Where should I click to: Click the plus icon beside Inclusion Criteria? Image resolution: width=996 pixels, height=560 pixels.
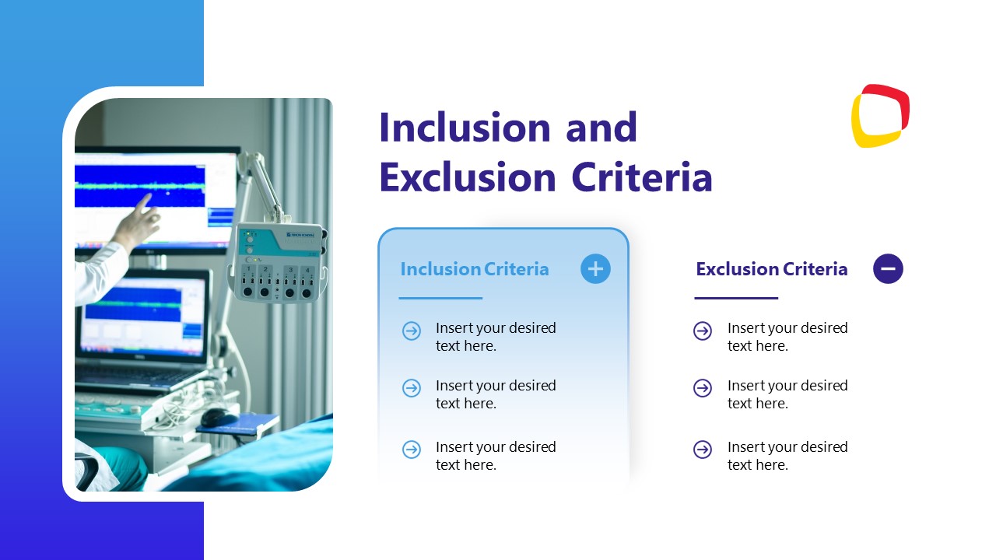595,269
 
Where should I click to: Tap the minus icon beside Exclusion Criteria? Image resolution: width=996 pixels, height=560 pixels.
888,269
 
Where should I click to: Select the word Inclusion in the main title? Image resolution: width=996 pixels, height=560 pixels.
465,128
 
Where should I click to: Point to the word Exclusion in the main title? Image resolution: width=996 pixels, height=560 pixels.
468,177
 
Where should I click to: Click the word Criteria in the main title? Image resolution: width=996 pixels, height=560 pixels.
642,177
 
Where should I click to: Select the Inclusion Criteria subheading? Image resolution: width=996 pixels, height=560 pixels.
475,269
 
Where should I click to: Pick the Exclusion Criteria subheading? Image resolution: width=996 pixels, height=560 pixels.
771,269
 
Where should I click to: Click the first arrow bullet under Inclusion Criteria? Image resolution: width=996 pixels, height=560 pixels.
412,331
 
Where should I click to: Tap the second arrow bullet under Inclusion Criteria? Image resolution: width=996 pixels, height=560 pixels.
412,388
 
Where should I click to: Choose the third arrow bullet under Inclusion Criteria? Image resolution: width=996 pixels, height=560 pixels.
412,450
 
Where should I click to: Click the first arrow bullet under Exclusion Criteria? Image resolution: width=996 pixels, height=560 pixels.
703,331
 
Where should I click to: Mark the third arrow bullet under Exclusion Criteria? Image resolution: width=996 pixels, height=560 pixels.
703,450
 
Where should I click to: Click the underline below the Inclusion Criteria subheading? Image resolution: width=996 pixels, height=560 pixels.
440,298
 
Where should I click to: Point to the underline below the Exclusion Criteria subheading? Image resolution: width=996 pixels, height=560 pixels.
736,298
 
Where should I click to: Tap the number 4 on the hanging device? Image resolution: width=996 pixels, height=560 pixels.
307,270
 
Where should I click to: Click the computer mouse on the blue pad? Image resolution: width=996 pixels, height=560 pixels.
219,418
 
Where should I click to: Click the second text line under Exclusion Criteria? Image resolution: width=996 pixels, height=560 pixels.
787,394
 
